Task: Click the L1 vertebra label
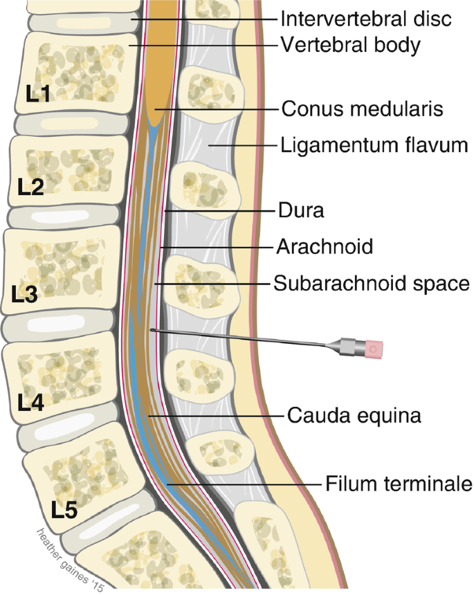[x=39, y=95]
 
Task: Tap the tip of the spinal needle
[x=152, y=331]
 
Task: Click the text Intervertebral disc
[x=367, y=18]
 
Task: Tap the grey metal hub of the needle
[x=346, y=345]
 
